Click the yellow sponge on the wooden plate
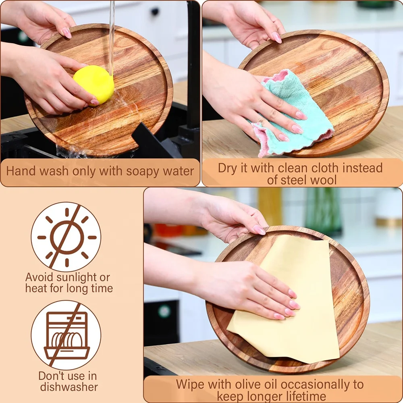(x=93, y=84)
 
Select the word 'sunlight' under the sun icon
(x=78, y=277)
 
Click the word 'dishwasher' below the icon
(x=68, y=387)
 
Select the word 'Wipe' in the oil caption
(x=189, y=384)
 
